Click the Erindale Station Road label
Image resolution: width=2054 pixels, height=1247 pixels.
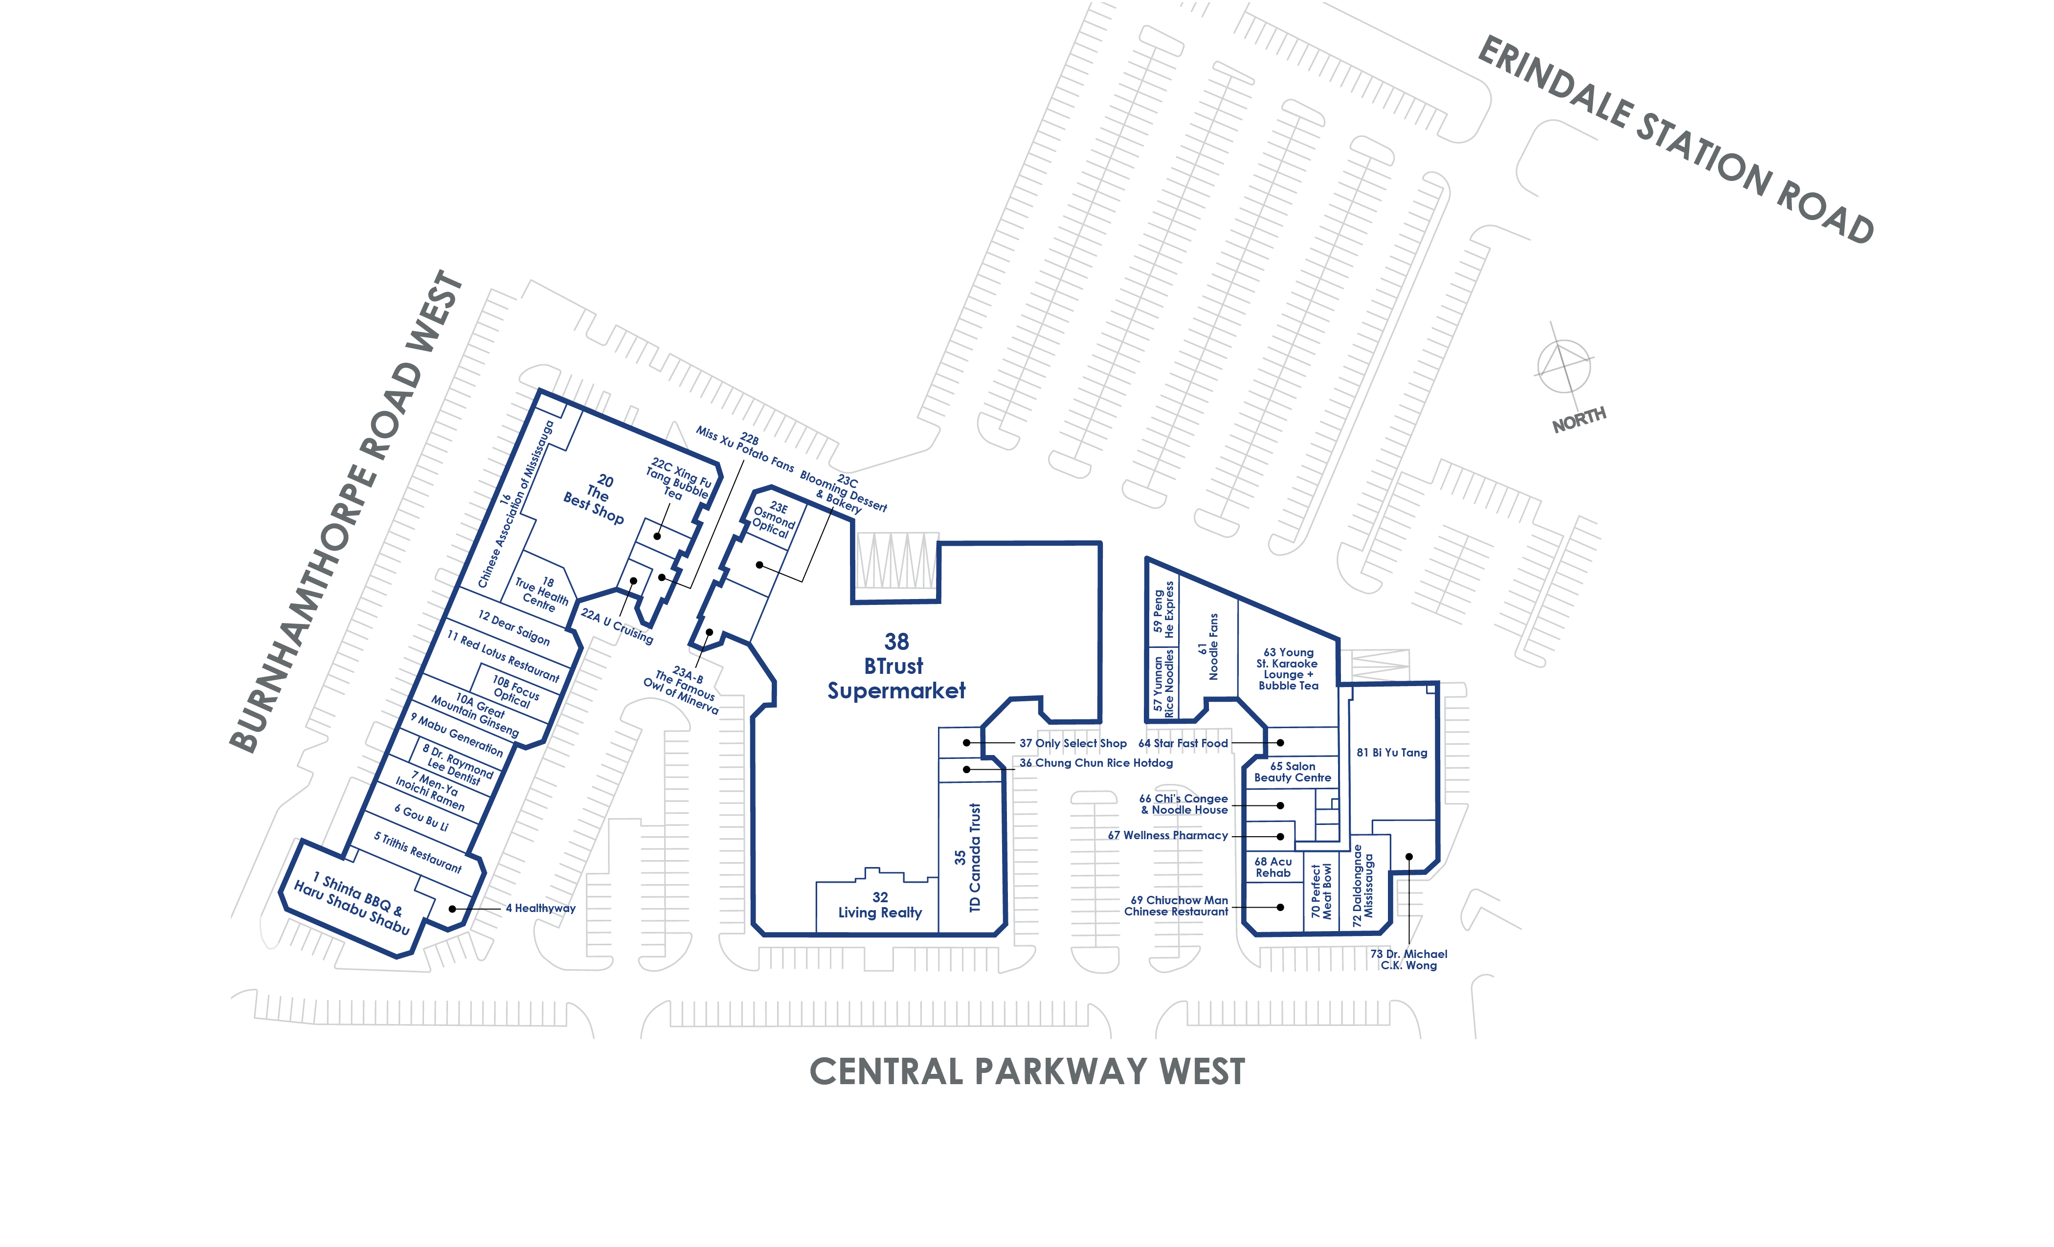click(1675, 140)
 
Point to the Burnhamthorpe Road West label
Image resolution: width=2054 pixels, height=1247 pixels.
click(346, 512)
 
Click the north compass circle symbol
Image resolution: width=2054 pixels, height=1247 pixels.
click(1564, 367)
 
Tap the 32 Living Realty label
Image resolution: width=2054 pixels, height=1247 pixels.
click(880, 905)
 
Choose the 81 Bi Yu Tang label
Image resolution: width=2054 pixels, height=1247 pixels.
click(1392, 753)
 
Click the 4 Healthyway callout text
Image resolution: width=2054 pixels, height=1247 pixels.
click(540, 909)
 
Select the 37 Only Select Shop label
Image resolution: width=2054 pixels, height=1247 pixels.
click(1073, 743)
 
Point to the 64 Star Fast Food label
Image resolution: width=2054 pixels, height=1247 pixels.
click(1183, 743)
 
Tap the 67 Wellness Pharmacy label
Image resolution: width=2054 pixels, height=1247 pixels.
click(1168, 835)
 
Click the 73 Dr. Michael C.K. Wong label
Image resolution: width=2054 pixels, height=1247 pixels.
click(1409, 959)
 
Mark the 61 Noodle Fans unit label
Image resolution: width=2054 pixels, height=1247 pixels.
click(1208, 647)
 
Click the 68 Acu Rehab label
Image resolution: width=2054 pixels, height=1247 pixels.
click(1273, 868)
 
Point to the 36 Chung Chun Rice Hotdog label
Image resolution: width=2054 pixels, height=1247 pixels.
click(1096, 763)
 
